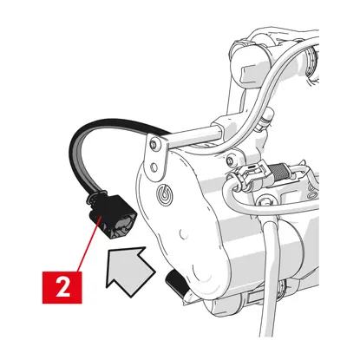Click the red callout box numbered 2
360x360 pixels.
click(62, 287)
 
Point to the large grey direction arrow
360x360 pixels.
click(128, 270)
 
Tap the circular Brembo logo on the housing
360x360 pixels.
click(164, 193)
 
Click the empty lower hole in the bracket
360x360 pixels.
click(154, 167)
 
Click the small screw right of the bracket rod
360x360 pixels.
click(230, 159)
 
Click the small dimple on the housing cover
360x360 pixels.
click(181, 232)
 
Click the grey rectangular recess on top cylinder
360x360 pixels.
click(251, 71)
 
